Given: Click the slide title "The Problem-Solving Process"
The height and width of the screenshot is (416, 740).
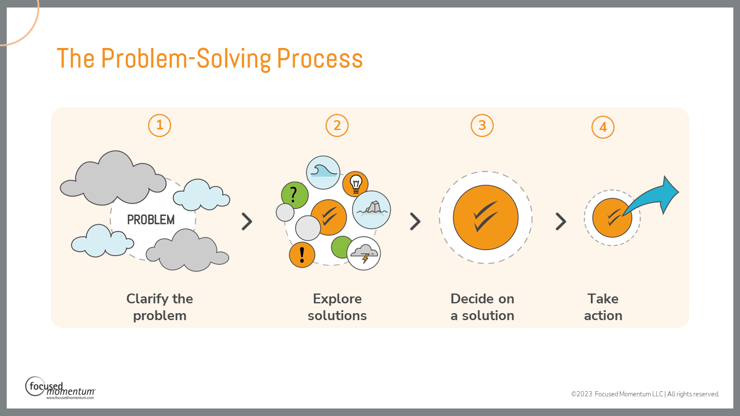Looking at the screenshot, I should [209, 58].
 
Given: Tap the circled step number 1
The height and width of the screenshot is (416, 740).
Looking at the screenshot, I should [160, 125].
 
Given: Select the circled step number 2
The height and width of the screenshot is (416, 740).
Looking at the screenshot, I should [337, 125].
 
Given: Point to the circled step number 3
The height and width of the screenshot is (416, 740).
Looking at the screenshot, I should [482, 125].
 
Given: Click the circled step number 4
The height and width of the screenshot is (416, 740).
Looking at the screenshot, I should [603, 128].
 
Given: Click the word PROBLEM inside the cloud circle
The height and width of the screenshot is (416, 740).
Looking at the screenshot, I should [151, 220].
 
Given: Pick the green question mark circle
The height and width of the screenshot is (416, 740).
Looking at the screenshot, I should [294, 195].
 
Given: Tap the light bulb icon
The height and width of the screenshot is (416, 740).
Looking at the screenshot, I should [356, 184].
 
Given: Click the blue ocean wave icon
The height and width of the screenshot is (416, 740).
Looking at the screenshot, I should [323, 172].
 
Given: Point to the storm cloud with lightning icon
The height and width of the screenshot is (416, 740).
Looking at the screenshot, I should [364, 253].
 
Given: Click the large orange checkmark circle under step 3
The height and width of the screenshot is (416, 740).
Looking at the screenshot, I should [486, 217].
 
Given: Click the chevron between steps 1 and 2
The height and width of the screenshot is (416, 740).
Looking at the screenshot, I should [247, 221].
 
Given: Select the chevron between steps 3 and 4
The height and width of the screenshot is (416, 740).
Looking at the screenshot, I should [560, 221].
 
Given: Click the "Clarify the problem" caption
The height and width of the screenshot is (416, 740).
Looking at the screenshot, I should [160, 307].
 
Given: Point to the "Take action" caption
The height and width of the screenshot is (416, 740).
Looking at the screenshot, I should [603, 307].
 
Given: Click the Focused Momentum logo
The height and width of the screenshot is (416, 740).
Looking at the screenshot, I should [60, 387].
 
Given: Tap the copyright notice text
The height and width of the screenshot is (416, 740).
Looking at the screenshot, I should [645, 394].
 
